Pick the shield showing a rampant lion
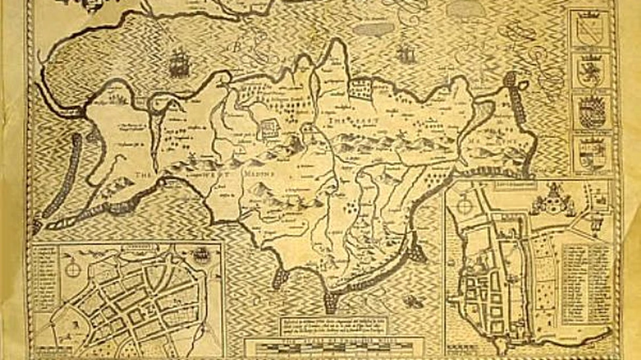tap(590, 69)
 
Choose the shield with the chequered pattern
tap(590, 112)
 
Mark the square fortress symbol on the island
tap(269, 128)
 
